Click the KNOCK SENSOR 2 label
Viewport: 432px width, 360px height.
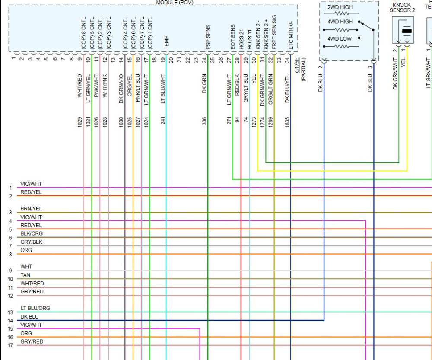point(402,7)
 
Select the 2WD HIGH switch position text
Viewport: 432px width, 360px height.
point(340,8)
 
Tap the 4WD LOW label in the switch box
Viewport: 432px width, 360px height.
point(339,38)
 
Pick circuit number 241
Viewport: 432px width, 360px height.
point(163,121)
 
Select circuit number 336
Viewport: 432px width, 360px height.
point(204,121)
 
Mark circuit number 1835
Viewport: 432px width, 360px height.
point(287,121)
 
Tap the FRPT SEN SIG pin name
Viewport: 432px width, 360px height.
point(274,31)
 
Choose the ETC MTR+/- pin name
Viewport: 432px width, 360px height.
point(291,37)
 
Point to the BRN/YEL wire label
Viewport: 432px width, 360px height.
point(31,209)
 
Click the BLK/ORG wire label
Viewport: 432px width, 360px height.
point(31,233)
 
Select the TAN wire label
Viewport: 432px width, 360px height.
point(25,275)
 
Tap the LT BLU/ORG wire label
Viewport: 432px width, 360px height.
point(35,308)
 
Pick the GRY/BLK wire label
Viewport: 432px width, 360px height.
point(31,242)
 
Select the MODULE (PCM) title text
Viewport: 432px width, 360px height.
point(175,3)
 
